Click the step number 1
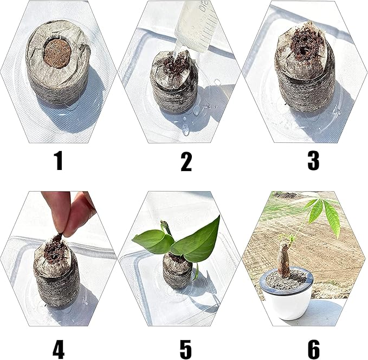click(x=59, y=160)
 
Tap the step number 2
click(x=186, y=161)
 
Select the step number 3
click(x=313, y=160)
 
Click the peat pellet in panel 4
click(x=56, y=273)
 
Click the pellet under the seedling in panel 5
click(x=177, y=271)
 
